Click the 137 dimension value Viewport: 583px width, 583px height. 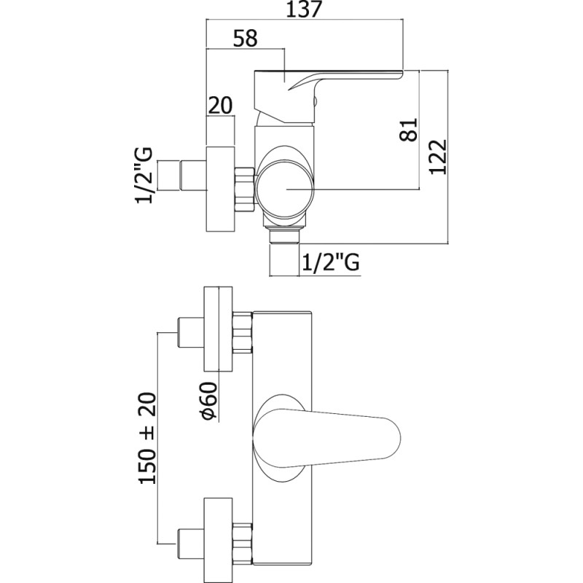tap(303, 9)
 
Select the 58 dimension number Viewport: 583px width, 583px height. tap(245, 39)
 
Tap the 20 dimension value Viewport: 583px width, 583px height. tap(220, 105)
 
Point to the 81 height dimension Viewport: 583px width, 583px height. tap(409, 130)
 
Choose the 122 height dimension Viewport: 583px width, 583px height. tap(437, 157)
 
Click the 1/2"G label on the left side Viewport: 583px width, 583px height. tap(144, 175)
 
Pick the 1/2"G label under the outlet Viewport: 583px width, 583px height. tap(331, 263)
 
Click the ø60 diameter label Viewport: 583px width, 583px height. tap(208, 402)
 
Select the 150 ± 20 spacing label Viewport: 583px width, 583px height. tap(148, 439)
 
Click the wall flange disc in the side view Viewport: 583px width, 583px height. tap(220, 189)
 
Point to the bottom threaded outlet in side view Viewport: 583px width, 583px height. tap(284, 235)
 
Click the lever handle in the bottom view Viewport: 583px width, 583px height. tap(326, 437)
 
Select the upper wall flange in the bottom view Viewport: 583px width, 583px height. tap(218, 329)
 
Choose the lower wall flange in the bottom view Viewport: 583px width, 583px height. tap(218, 540)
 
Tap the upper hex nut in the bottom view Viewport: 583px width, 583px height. tap(242, 332)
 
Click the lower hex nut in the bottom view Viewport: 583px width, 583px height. tap(242, 543)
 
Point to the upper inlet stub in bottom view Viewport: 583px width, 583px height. tap(191, 332)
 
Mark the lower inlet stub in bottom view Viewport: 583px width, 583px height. tap(191, 544)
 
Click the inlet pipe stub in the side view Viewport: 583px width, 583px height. tap(193, 176)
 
